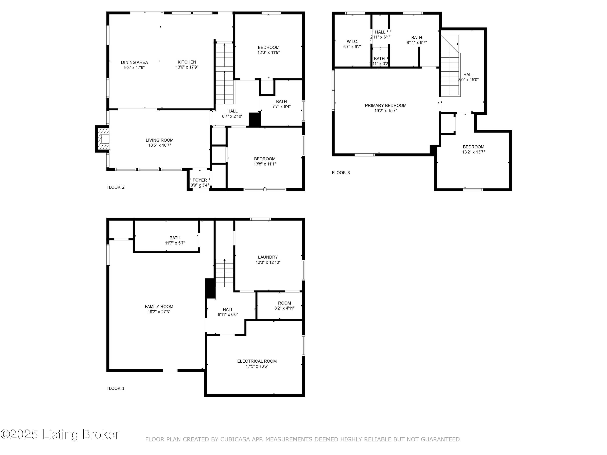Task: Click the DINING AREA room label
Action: tap(135, 62)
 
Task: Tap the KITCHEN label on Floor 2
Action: tap(187, 62)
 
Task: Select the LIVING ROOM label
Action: tap(159, 140)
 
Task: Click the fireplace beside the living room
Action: tap(102, 139)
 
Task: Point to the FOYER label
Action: tap(200, 180)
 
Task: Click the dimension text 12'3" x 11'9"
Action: tap(268, 52)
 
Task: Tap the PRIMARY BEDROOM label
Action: tap(386, 106)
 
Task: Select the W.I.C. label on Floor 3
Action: tap(352, 42)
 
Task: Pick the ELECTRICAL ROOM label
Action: tap(257, 361)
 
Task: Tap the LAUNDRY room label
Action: tap(268, 257)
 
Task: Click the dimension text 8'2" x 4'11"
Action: tap(284, 308)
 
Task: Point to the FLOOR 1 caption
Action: tap(116, 388)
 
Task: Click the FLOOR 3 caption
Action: tap(341, 173)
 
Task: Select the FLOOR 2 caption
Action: tap(116, 187)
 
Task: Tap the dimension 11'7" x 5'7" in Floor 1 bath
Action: tap(175, 243)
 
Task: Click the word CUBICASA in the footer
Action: tap(235, 439)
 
